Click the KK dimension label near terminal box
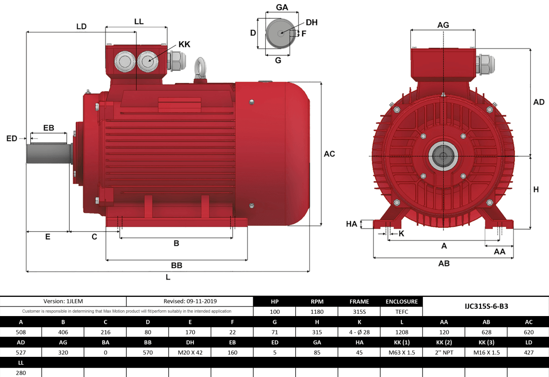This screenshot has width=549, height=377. coord(184,44)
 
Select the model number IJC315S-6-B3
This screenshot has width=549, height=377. coord(486,306)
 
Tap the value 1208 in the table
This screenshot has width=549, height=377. coord(401,332)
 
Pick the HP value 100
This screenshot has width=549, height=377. coord(275,311)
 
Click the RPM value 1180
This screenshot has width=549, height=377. coord(317,311)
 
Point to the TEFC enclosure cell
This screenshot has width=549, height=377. coord(401,311)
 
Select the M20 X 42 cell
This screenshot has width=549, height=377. coord(190,352)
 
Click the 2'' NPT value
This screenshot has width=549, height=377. coord(444,352)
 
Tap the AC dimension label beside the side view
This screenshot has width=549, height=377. coord(329,154)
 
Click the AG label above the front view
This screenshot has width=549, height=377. coord(443,25)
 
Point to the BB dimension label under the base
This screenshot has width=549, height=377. coord(176,265)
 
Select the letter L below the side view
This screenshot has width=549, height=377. coord(168,277)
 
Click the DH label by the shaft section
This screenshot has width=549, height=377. coord(312,23)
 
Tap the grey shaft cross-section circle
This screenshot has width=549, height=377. coord(279,33)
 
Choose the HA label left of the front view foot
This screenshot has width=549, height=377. coord(351,224)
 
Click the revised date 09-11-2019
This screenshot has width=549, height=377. coord(190,301)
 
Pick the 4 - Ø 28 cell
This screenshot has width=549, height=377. coord(359,332)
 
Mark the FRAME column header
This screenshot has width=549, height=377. coord(359,302)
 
